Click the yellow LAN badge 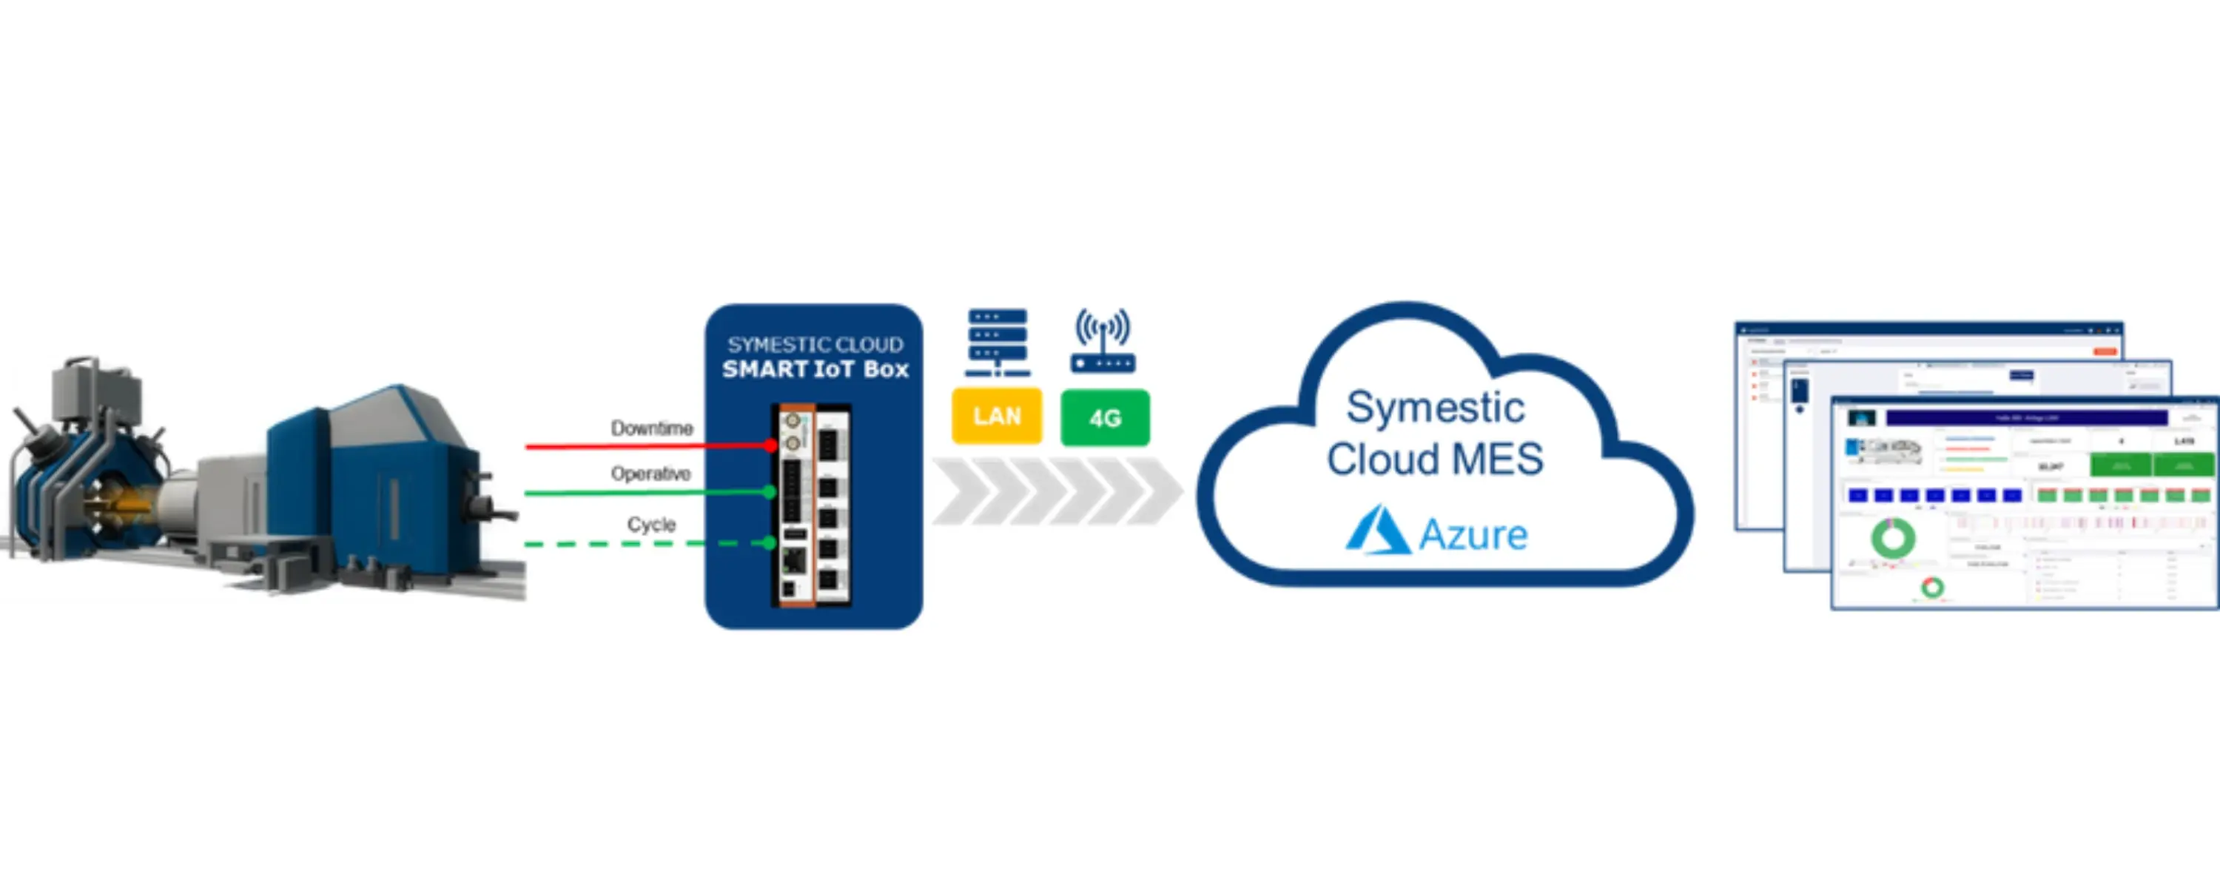(x=996, y=417)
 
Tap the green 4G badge (x=1104, y=418)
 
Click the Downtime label (x=651, y=428)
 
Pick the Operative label (x=650, y=474)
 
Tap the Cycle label (x=651, y=524)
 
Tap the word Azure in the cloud (x=1473, y=534)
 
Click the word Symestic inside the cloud (x=1435, y=407)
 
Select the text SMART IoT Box (x=815, y=370)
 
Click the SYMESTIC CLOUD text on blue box (x=815, y=345)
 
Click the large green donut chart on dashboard (x=1892, y=539)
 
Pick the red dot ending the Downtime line (x=770, y=445)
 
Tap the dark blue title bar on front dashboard (x=2026, y=418)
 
